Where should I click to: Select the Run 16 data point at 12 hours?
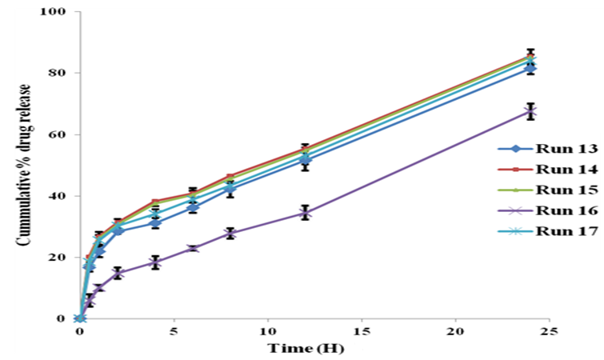pos(305,213)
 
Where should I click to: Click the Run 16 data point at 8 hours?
pos(230,234)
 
